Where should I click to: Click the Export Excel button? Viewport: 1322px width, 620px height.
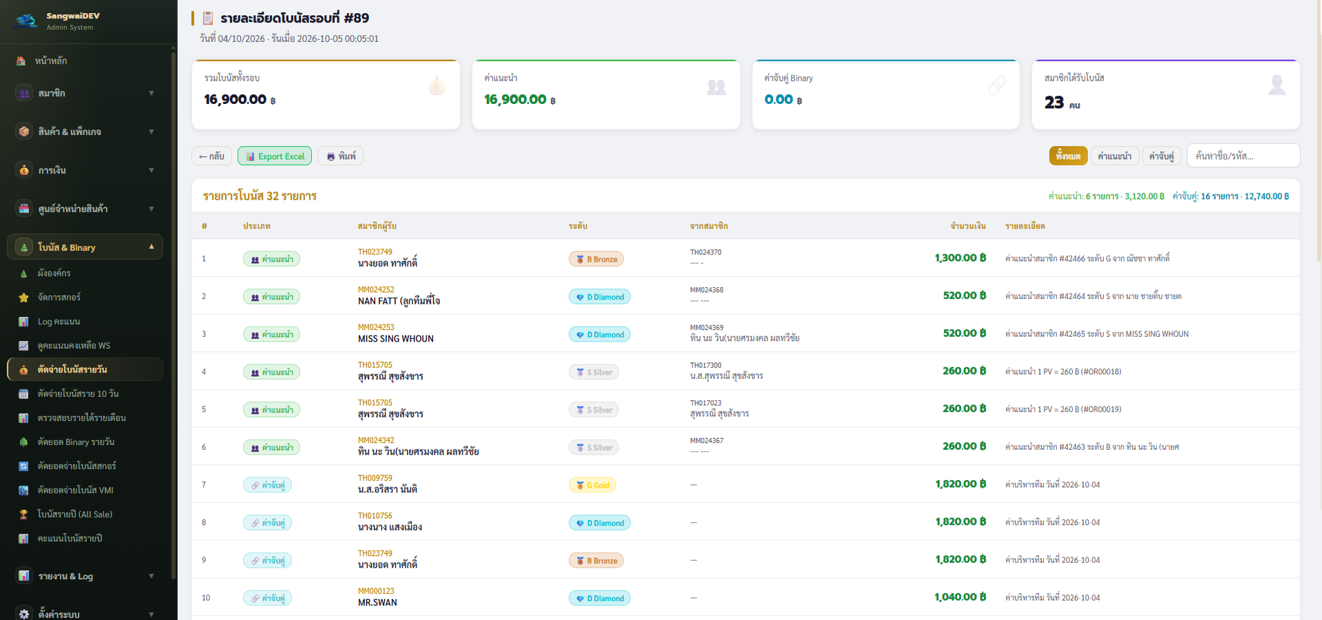(275, 156)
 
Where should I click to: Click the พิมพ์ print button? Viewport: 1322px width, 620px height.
(341, 156)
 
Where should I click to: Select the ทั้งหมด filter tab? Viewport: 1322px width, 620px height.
(1068, 156)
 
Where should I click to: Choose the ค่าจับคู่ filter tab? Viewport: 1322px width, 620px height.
(1162, 156)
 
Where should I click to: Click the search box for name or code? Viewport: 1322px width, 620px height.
(1244, 156)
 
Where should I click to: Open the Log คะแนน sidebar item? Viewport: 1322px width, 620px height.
(59, 322)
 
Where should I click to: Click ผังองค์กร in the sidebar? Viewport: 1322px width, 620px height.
(54, 273)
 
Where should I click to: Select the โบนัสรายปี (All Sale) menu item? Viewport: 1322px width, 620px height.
(75, 515)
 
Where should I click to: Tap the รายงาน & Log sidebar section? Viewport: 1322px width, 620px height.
(65, 576)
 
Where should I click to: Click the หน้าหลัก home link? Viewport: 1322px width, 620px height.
(51, 61)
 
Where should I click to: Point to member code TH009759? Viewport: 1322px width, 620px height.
(375, 478)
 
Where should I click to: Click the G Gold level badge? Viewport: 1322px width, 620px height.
(593, 486)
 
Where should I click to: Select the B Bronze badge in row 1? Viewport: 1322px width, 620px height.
(596, 260)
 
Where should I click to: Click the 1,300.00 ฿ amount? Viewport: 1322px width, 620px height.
(961, 258)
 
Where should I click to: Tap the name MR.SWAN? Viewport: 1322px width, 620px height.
(377, 603)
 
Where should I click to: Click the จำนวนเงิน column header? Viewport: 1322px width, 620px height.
(968, 226)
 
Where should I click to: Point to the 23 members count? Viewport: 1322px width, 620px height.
(1054, 103)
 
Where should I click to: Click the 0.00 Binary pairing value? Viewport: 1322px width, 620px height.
(779, 100)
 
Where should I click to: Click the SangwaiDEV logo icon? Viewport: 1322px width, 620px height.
(26, 21)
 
